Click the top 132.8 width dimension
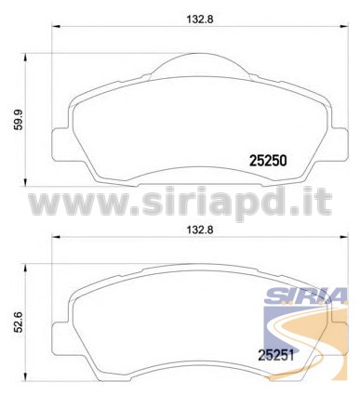(x=200, y=20)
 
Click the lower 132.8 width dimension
(x=200, y=230)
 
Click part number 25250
(x=268, y=161)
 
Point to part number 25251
(x=275, y=356)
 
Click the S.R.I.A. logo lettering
(x=306, y=296)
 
